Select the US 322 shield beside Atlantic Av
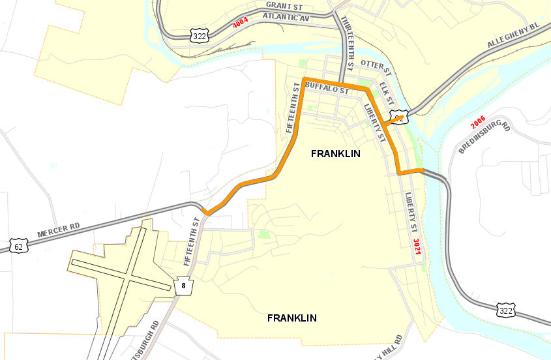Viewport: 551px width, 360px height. pos(200,37)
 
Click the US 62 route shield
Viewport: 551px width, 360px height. pos(20,245)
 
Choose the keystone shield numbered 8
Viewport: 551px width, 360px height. pos(184,284)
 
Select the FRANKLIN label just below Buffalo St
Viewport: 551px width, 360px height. pos(335,154)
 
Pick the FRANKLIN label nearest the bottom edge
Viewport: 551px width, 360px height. pos(292,318)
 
